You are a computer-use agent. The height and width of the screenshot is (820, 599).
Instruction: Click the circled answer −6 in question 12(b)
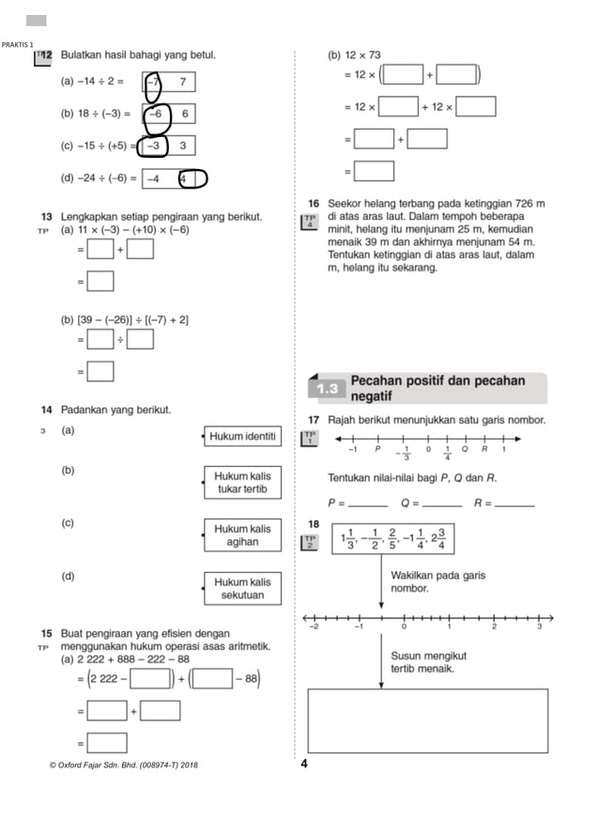(x=157, y=114)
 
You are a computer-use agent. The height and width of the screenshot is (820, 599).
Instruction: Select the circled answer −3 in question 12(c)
(x=154, y=145)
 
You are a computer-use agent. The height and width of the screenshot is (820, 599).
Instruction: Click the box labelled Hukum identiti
(x=242, y=436)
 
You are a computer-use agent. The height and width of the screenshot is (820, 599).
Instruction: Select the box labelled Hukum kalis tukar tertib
(x=242, y=483)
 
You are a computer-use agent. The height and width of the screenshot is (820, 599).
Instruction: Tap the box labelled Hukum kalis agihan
(x=242, y=535)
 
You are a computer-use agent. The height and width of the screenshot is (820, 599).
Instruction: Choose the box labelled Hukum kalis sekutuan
(x=242, y=588)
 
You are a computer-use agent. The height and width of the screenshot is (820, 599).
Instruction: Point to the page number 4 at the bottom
(x=304, y=764)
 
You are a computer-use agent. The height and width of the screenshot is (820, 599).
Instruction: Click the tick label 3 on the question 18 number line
(x=539, y=626)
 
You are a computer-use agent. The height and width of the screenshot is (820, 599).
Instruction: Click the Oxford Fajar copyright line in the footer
(x=123, y=765)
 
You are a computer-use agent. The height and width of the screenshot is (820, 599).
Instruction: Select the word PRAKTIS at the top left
(x=15, y=45)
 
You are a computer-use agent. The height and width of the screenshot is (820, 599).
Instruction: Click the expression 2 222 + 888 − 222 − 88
(x=135, y=658)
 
